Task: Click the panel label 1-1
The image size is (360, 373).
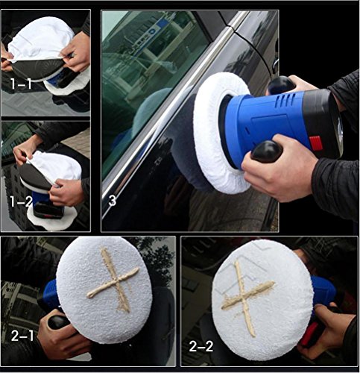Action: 22,84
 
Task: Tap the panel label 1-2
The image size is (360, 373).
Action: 22,201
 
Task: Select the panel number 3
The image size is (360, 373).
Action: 113,201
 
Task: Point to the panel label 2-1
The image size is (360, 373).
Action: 22,336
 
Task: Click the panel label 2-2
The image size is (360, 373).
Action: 201,346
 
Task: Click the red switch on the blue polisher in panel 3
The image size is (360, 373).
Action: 316,143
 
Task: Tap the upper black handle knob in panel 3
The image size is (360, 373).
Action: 282,85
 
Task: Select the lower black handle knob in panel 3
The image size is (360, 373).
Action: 267,151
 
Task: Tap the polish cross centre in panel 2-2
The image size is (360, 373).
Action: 244,297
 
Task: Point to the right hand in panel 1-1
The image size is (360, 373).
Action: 75,53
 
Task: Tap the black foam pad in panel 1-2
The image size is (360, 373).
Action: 35,176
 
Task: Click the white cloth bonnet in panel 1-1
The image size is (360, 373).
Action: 41,40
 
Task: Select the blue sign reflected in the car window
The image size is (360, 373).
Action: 162,23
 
